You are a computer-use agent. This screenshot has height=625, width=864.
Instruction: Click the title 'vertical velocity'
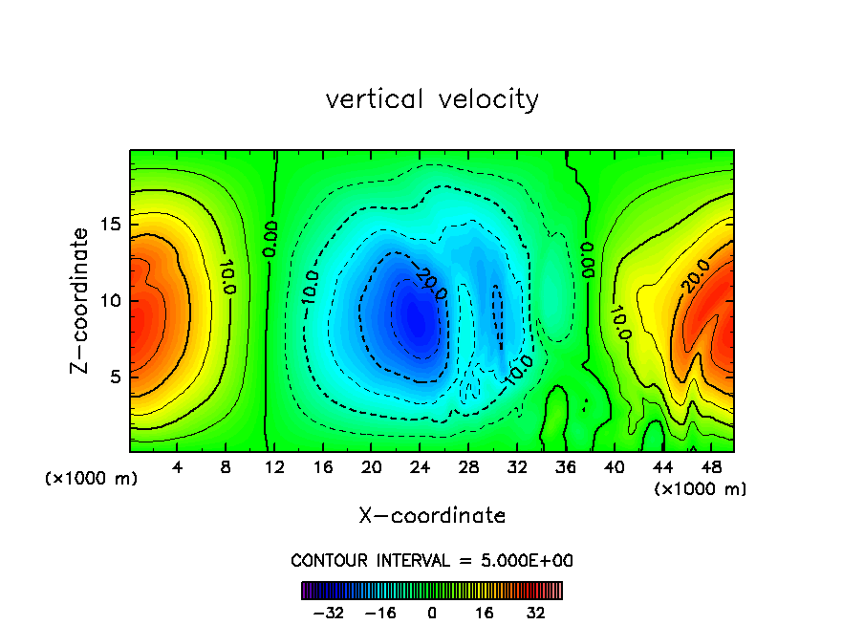pos(432,99)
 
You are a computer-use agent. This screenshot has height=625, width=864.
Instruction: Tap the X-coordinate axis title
pos(432,516)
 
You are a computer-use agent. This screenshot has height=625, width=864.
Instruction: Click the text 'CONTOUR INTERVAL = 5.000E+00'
pos(432,560)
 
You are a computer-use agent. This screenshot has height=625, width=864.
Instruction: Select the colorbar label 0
pos(432,613)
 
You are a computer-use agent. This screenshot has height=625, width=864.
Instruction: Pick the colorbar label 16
pos(485,613)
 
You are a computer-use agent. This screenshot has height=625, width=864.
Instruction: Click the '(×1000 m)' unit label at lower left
pos(92,479)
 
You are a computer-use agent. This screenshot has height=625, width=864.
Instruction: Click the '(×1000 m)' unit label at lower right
pos(701,489)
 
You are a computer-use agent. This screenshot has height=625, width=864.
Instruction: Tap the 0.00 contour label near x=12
pos(270,239)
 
